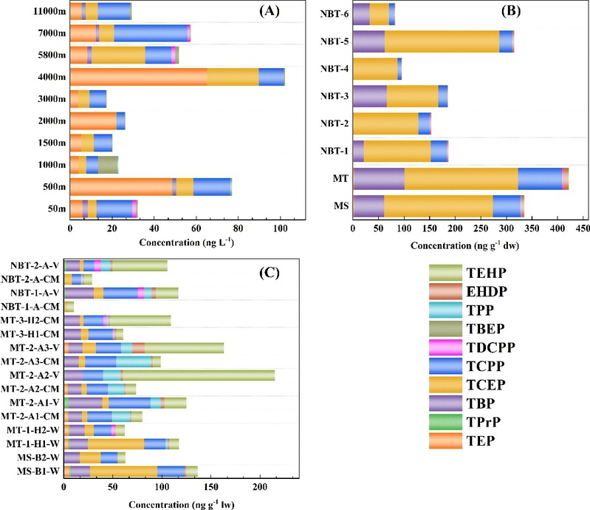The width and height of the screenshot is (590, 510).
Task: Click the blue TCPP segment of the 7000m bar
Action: coord(151,33)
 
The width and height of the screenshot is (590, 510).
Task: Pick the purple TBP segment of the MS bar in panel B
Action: coord(368,206)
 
